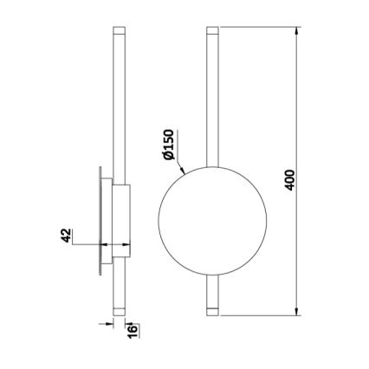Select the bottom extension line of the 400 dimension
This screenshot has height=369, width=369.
pos(260,314)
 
